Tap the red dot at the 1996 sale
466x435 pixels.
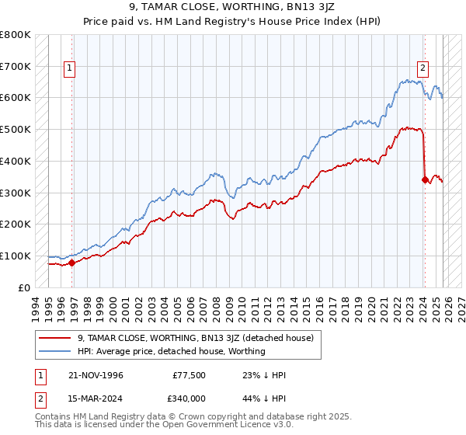[x=72, y=263]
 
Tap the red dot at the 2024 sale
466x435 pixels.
[x=425, y=179]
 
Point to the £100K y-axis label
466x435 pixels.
[x=16, y=256]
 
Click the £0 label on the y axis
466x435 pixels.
[x=23, y=287]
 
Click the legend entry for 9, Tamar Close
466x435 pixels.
[x=195, y=338]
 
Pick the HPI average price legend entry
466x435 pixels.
[x=171, y=352]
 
